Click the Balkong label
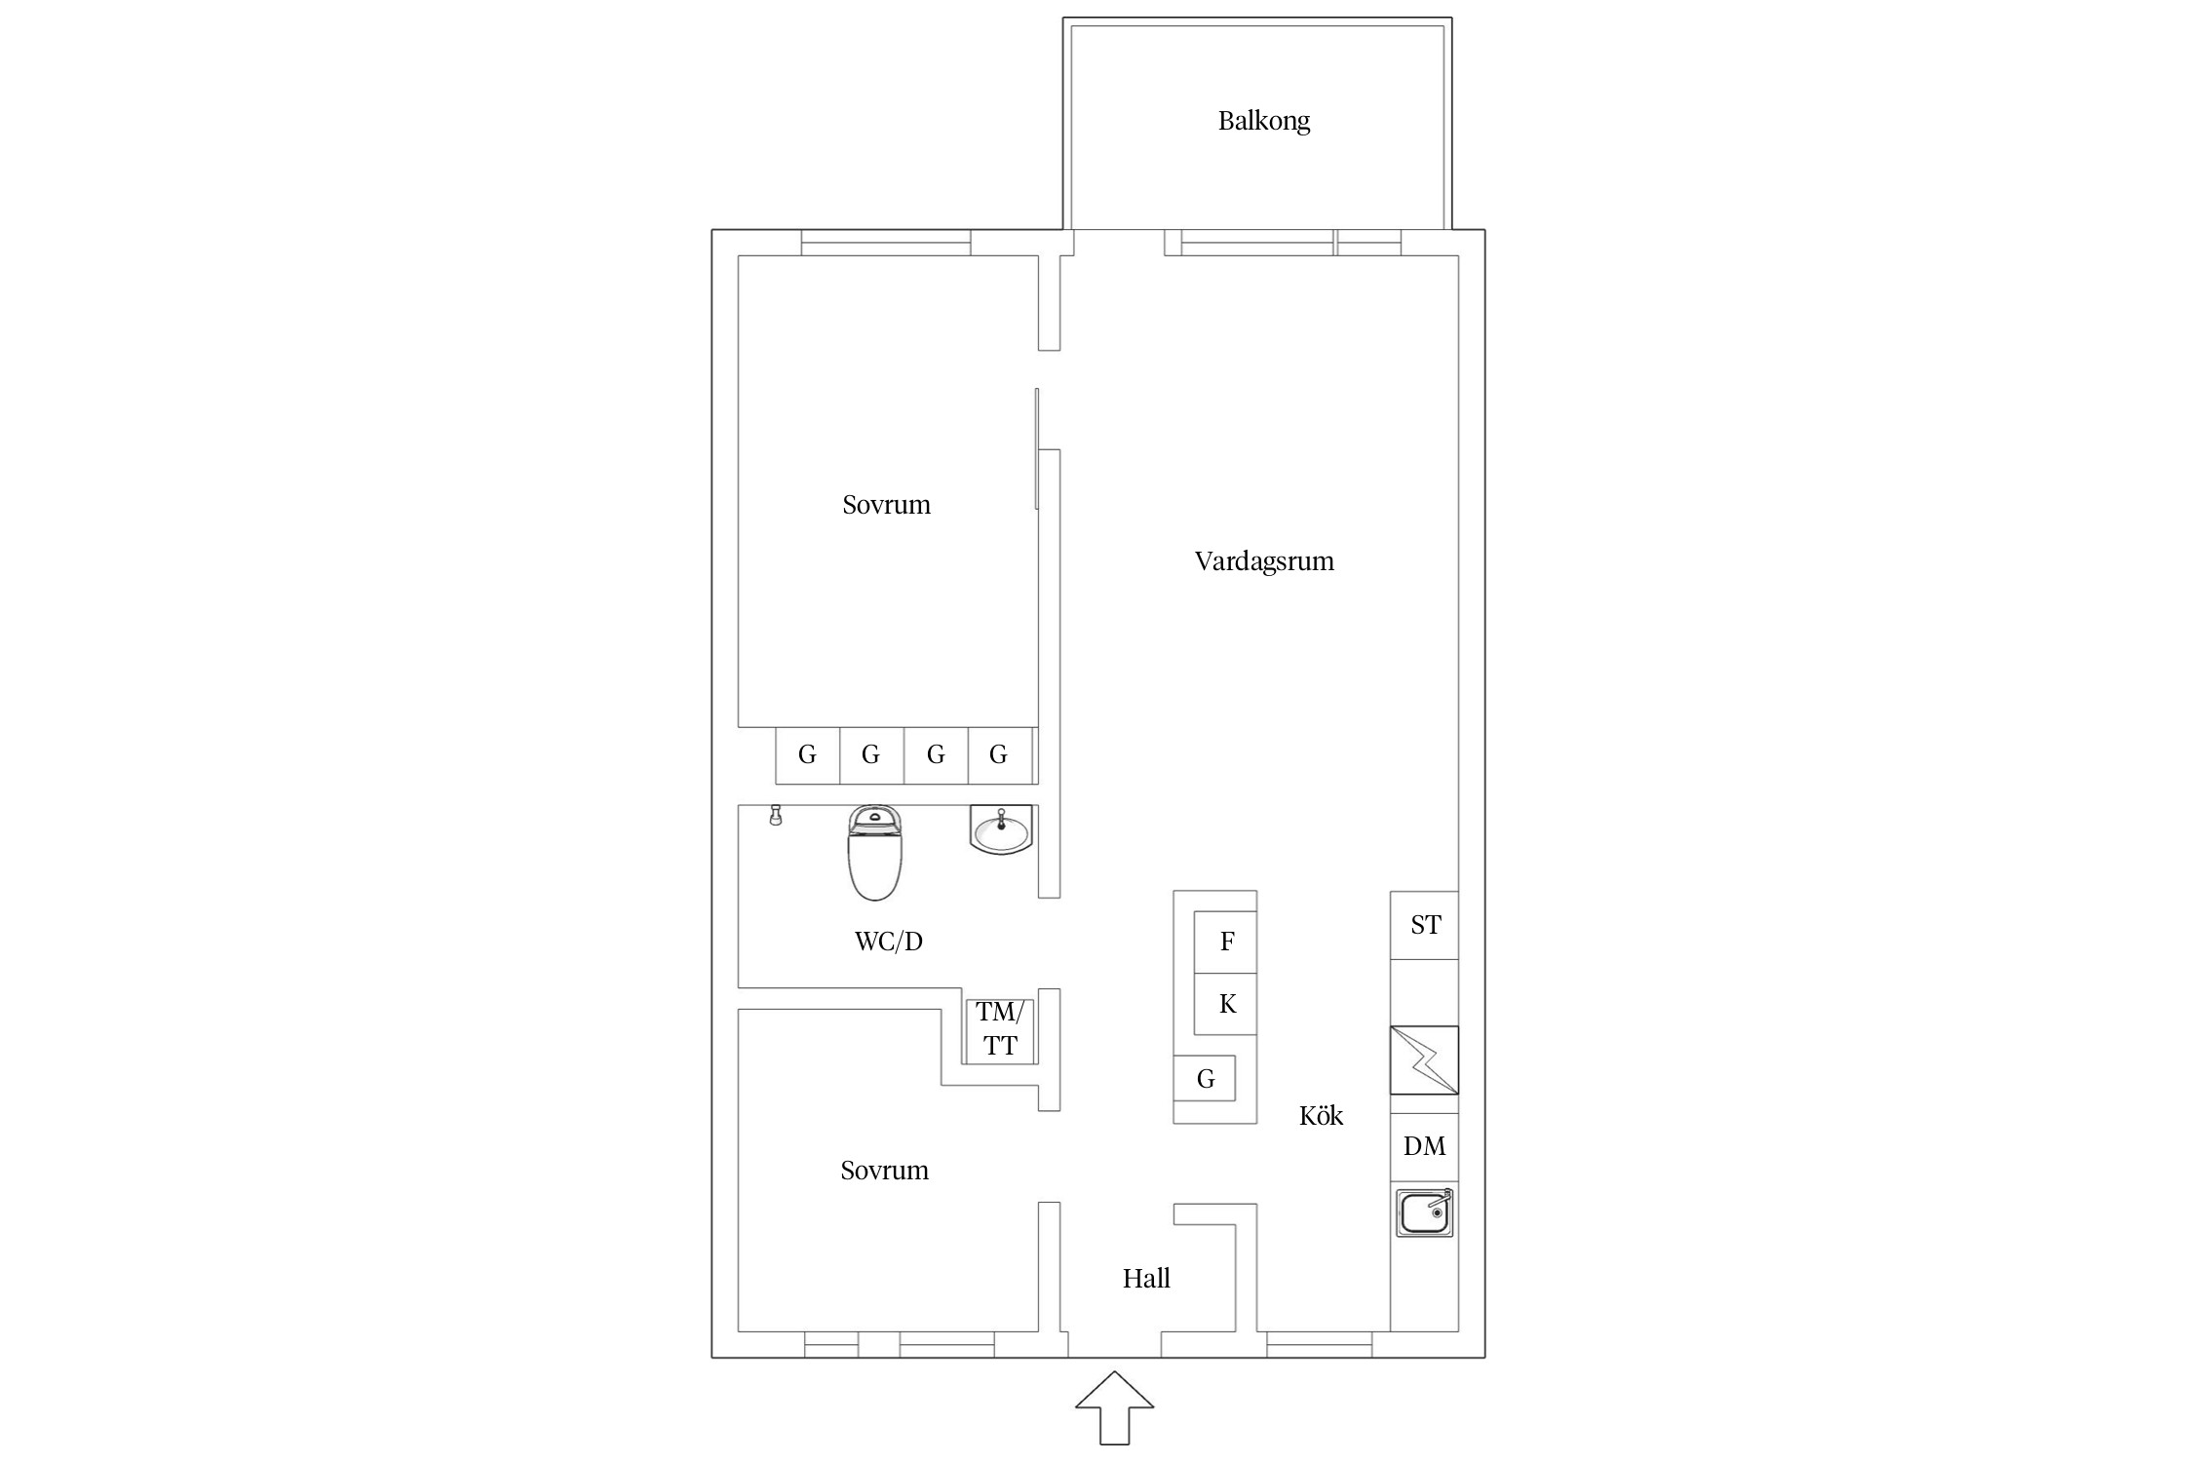click(x=1263, y=121)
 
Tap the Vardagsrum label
click(x=1263, y=561)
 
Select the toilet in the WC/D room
click(x=874, y=852)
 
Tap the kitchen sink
click(x=1424, y=1213)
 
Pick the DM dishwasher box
click(x=1424, y=1146)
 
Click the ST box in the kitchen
click(x=1424, y=925)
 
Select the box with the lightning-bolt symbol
click(x=1424, y=1059)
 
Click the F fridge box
click(x=1226, y=942)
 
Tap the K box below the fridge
click(x=1226, y=1004)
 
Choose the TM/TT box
click(x=999, y=1029)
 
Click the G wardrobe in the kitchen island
click(x=1205, y=1079)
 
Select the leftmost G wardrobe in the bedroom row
click(x=807, y=754)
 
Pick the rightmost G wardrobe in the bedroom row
click(x=999, y=754)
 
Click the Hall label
click(x=1145, y=1279)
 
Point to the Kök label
click(x=1321, y=1116)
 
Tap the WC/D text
click(x=888, y=942)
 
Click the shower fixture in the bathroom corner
click(x=776, y=815)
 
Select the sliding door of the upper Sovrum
click(x=1037, y=448)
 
